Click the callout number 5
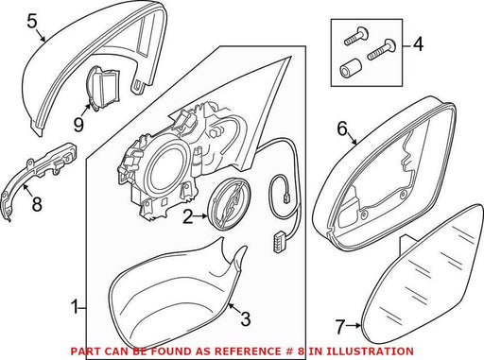32,22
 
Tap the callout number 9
78,124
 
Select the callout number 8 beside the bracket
37,203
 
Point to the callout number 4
418,44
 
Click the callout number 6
342,129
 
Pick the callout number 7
339,327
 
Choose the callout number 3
246,318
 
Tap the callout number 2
188,216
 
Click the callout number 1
75,307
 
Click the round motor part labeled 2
230,203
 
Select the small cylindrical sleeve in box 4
351,69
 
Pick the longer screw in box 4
382,50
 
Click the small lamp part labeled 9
103,87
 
